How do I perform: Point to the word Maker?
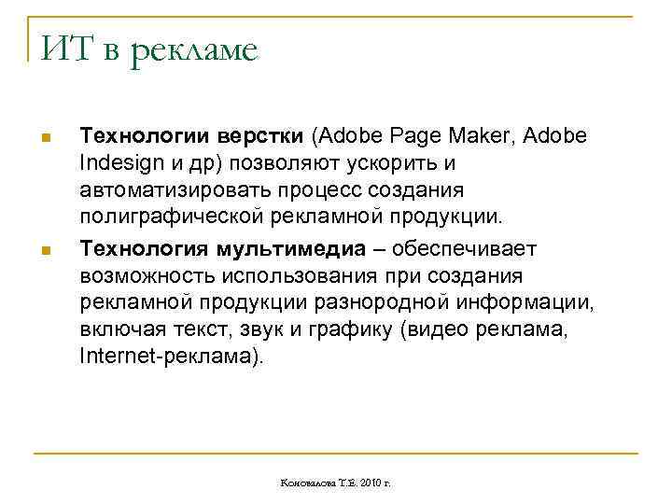point(483,136)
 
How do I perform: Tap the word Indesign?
point(118,163)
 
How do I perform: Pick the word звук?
point(274,329)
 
